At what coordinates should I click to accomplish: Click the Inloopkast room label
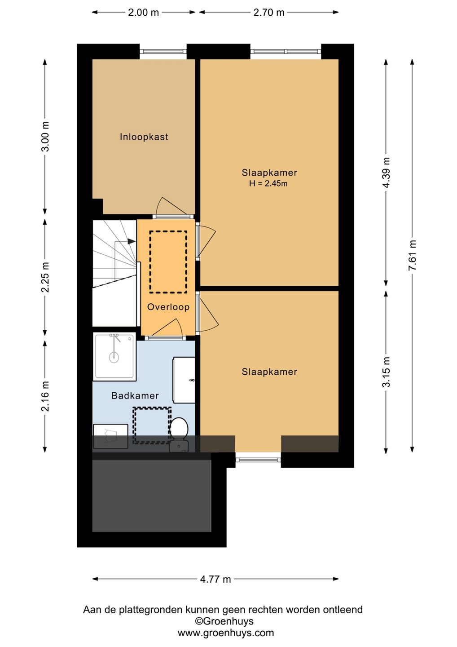(x=144, y=137)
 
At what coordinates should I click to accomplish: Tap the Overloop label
(x=168, y=307)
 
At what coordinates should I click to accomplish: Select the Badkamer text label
(x=135, y=395)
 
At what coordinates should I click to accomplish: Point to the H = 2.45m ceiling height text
(x=268, y=183)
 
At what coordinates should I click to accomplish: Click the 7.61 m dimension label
(x=412, y=255)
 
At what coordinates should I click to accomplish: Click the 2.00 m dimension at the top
(x=143, y=13)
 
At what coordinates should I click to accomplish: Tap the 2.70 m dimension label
(x=269, y=13)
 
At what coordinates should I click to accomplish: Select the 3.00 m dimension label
(x=45, y=136)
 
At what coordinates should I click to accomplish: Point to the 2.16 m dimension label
(x=45, y=396)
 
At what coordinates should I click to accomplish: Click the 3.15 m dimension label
(x=386, y=372)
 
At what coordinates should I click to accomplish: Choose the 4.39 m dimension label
(x=386, y=173)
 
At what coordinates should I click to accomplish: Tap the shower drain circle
(x=114, y=357)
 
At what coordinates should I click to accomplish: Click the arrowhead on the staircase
(x=132, y=241)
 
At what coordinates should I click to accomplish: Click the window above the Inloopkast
(x=163, y=51)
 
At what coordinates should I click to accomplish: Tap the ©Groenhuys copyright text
(x=224, y=613)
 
